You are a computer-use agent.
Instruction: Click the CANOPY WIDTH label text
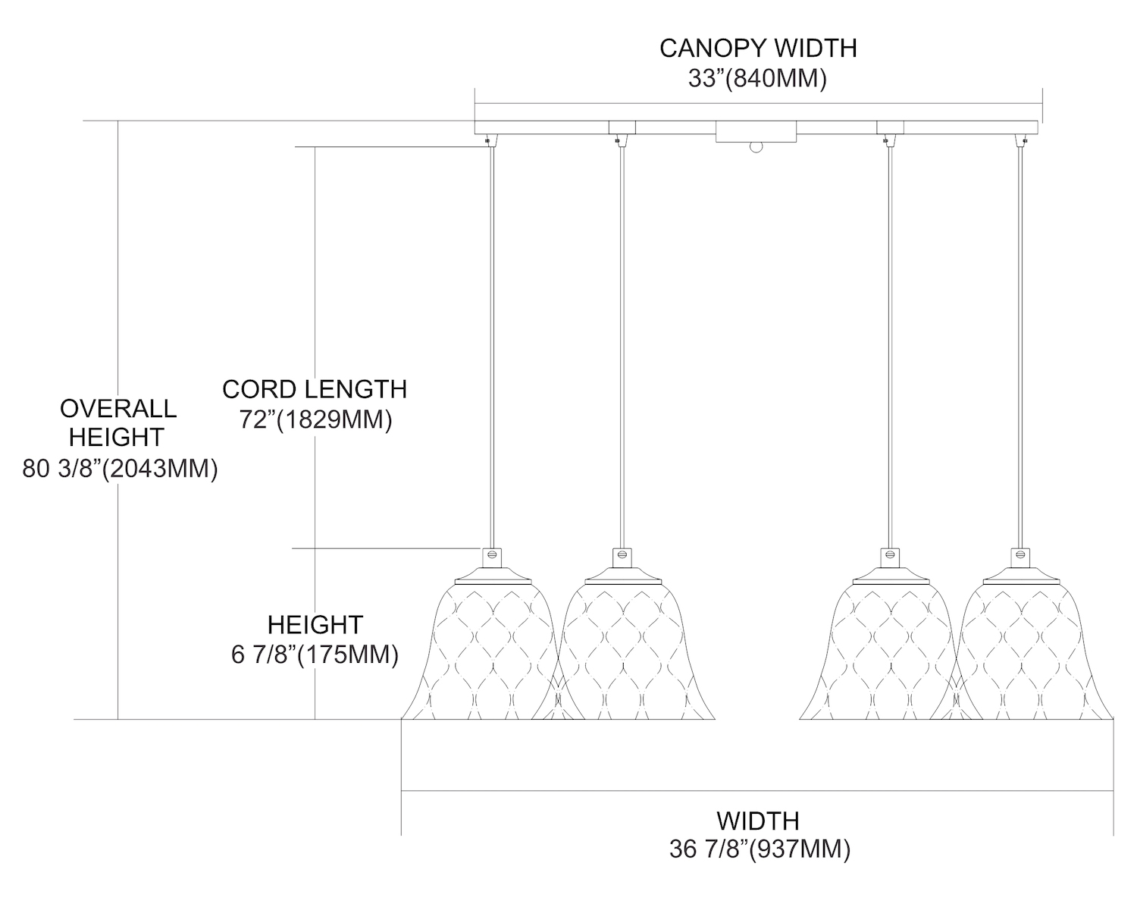pyautogui.click(x=758, y=48)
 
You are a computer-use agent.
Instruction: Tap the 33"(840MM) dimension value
pyautogui.click(x=757, y=78)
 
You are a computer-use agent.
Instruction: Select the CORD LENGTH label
pyautogui.click(x=315, y=389)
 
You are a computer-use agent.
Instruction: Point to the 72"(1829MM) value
pyautogui.click(x=315, y=419)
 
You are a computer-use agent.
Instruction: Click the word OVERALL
pyautogui.click(x=118, y=408)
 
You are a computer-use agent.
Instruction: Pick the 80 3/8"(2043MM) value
pyautogui.click(x=121, y=469)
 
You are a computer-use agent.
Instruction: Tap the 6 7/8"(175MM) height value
pyautogui.click(x=315, y=655)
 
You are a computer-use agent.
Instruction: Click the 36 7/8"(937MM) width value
pyautogui.click(x=760, y=849)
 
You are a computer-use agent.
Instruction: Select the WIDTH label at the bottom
pyautogui.click(x=758, y=820)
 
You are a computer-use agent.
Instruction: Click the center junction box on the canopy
pyautogui.click(x=756, y=132)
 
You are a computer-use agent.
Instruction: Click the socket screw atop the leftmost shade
pyautogui.click(x=491, y=554)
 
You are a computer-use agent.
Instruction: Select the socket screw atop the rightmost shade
pyautogui.click(x=1020, y=554)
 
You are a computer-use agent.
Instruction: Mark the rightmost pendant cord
pyautogui.click(x=1020, y=341)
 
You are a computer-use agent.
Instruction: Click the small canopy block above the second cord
pyautogui.click(x=622, y=127)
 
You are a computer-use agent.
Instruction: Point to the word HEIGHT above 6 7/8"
pyautogui.click(x=315, y=625)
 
